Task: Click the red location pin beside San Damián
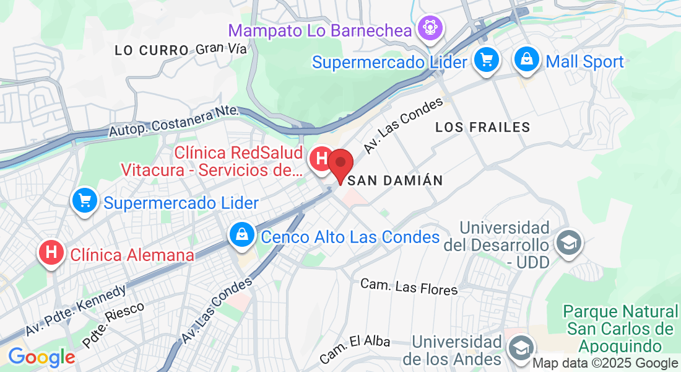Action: click(x=340, y=164)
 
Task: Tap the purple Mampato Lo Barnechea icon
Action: click(x=428, y=28)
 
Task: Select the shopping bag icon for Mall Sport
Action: click(x=526, y=61)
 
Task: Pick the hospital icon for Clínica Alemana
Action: click(x=51, y=253)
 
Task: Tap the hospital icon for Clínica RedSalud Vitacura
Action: click(x=321, y=159)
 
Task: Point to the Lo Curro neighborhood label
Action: click(x=152, y=50)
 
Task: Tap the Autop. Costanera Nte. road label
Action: click(x=174, y=122)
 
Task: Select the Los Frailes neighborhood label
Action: click(x=483, y=127)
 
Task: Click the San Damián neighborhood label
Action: click(x=396, y=180)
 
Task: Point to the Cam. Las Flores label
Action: click(x=409, y=286)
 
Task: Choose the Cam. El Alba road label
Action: click(x=355, y=350)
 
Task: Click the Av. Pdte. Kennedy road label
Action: click(x=76, y=310)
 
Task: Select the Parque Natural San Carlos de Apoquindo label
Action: click(x=620, y=329)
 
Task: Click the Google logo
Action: click(x=41, y=357)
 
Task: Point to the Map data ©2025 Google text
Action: click(x=605, y=363)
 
